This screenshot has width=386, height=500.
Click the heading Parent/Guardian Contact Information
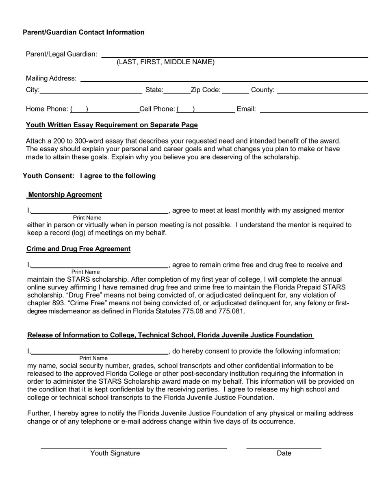pos(83,32)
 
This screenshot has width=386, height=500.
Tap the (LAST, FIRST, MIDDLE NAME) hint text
pos(165,62)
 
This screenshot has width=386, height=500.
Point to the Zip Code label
pos(206,90)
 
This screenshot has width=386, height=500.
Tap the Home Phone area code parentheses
pos(79,109)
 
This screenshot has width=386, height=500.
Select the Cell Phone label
pos(157,109)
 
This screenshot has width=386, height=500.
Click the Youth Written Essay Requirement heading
pos(112,125)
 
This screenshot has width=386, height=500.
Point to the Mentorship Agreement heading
pos(65,195)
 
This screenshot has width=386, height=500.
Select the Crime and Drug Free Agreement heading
pos(78,249)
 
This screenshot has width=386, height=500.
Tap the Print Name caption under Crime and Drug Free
pos(85,272)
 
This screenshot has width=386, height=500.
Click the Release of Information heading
pos(170,335)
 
